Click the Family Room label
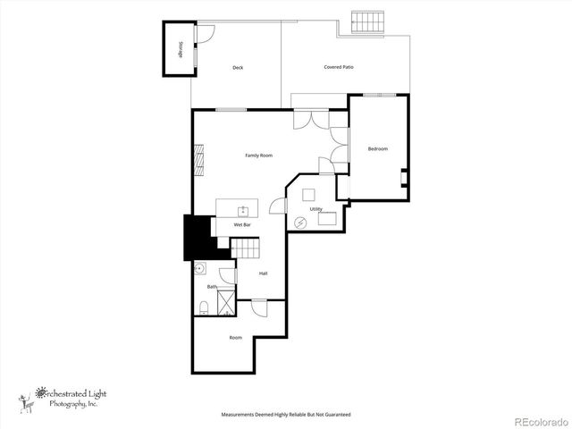pyautogui.click(x=258, y=156)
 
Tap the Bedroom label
pyautogui.click(x=378, y=148)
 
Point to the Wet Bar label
pyautogui.click(x=242, y=224)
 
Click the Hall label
pyautogui.click(x=263, y=273)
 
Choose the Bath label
pyautogui.click(x=212, y=287)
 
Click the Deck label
pyautogui.click(x=238, y=68)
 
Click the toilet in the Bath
pyautogui.click(x=204, y=307)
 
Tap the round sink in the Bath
pyautogui.click(x=200, y=268)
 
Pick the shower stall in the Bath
pyautogui.click(x=225, y=302)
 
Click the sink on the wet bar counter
pyautogui.click(x=242, y=211)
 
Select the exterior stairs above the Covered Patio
pyautogui.click(x=366, y=21)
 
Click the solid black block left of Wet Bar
pyautogui.click(x=198, y=238)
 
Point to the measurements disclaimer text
pyautogui.click(x=286, y=415)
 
